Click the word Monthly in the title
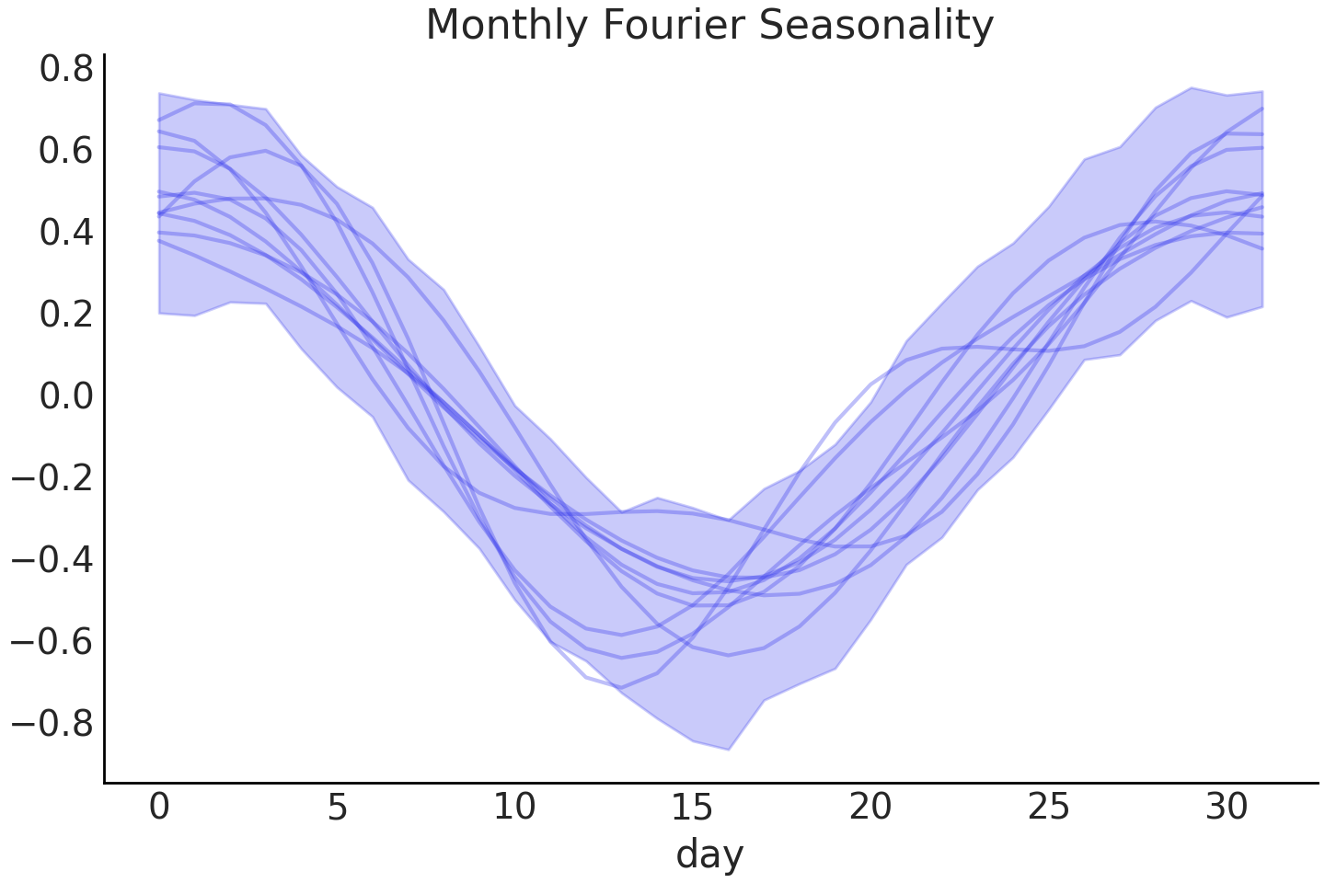click(505, 26)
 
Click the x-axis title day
click(709, 854)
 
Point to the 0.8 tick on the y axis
click(66, 69)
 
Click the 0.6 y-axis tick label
click(66, 151)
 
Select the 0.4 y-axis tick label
click(66, 233)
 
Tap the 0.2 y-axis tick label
click(66, 315)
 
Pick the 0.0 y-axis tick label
click(66, 396)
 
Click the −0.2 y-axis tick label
click(52, 478)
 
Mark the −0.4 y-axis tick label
click(52, 560)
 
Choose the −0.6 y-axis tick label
click(52, 642)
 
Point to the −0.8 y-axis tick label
click(52, 724)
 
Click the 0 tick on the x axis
click(159, 808)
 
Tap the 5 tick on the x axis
click(338, 808)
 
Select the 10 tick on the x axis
click(514, 808)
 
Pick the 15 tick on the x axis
click(693, 808)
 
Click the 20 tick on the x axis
click(870, 808)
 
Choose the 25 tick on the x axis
click(1049, 808)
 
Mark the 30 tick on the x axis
click(1227, 808)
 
